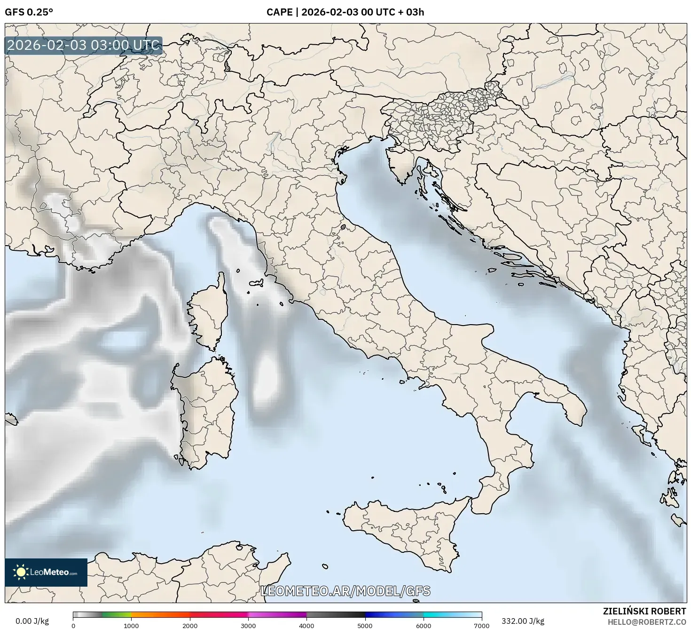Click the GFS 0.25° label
(29, 12)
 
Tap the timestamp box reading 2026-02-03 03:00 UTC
(84, 46)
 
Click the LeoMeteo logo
(46, 572)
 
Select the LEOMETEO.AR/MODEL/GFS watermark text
(345, 591)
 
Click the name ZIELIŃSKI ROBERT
(644, 611)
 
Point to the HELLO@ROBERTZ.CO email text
(647, 621)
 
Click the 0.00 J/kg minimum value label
(32, 621)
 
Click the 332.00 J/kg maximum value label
(523, 621)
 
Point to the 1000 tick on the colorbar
(131, 625)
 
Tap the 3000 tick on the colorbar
(248, 625)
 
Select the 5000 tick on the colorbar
(365, 625)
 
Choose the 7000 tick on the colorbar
(481, 625)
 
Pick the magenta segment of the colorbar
(277, 615)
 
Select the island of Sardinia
(207, 409)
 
